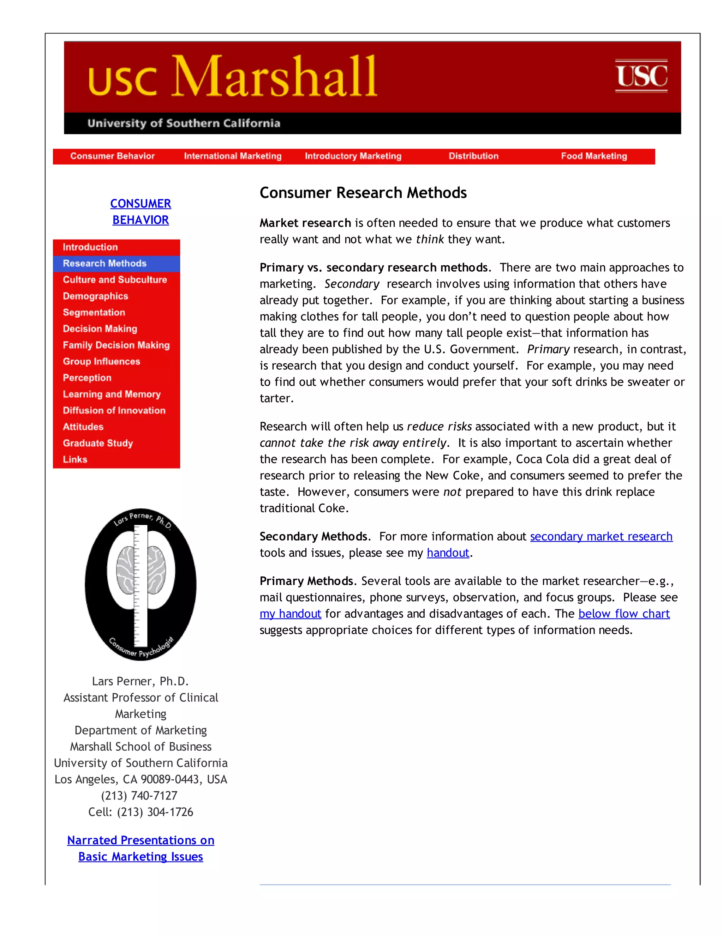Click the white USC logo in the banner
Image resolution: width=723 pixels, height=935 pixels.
tap(641, 76)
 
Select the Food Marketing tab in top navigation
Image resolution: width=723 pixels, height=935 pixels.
tap(594, 156)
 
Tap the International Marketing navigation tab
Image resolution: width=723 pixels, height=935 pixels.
tap(233, 156)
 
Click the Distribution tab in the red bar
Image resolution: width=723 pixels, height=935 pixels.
tap(473, 156)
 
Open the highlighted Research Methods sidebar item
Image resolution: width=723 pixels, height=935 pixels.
tap(105, 263)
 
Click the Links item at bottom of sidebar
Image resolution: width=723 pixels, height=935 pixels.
tap(75, 459)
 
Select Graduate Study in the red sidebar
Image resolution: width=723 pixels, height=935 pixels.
tap(98, 443)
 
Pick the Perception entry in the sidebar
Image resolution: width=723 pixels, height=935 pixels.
tap(87, 378)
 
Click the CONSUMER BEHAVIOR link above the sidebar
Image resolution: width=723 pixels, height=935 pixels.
tap(141, 211)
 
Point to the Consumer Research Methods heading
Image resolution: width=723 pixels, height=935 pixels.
tap(363, 193)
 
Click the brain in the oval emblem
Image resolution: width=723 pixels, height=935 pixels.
tap(141, 571)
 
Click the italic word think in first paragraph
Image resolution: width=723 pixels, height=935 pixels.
tap(430, 239)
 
